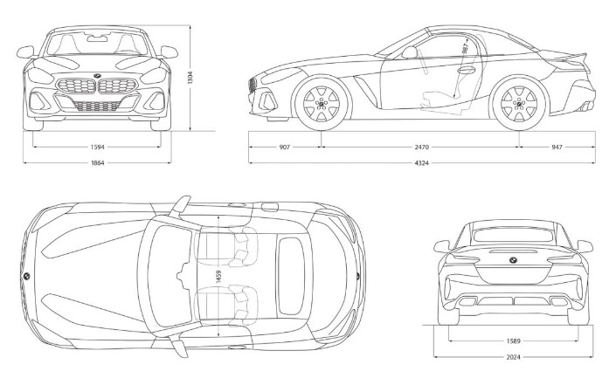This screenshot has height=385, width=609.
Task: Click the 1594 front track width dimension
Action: (97, 147)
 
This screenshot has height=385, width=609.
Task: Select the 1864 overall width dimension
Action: (97, 163)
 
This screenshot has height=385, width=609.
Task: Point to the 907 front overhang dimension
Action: (285, 147)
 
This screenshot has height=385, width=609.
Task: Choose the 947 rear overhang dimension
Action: (557, 147)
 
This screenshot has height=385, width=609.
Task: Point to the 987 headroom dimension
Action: (464, 53)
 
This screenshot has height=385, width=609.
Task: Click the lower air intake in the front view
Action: (97, 107)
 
